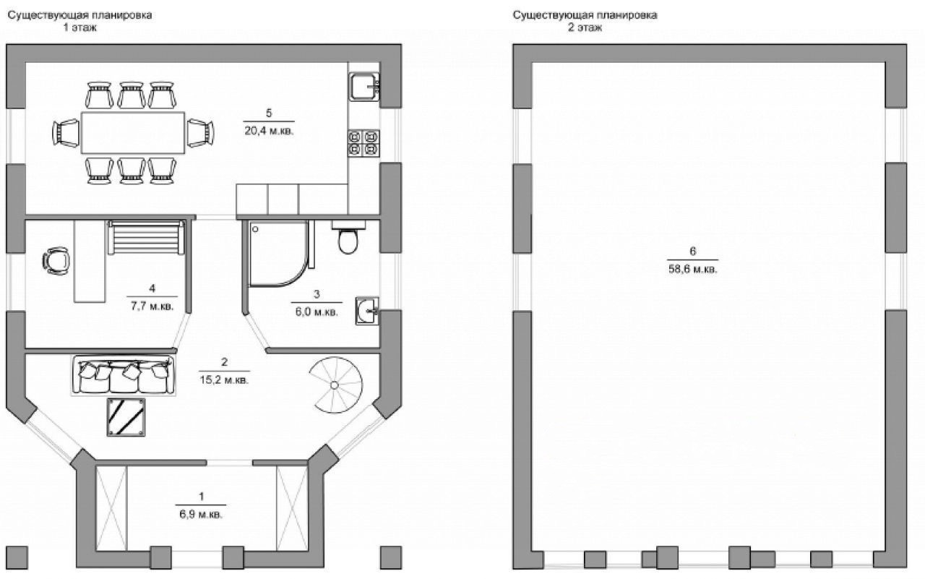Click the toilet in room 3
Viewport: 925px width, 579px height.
click(348, 239)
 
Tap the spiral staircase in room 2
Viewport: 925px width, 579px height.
click(334, 385)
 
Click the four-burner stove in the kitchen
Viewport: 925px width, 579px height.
click(363, 142)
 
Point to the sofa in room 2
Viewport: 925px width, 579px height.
click(124, 375)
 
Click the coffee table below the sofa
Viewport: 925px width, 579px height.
click(126, 417)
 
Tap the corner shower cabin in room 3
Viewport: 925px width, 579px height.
click(277, 252)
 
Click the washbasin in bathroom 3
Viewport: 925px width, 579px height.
click(367, 311)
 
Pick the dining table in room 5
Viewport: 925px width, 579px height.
click(133, 132)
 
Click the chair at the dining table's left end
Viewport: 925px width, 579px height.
click(66, 133)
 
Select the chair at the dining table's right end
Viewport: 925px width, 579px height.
click(200, 133)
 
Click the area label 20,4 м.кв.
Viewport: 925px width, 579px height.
click(269, 132)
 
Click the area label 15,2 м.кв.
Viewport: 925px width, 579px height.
click(224, 380)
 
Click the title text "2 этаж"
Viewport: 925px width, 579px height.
click(585, 27)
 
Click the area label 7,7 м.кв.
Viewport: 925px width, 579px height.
click(152, 306)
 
